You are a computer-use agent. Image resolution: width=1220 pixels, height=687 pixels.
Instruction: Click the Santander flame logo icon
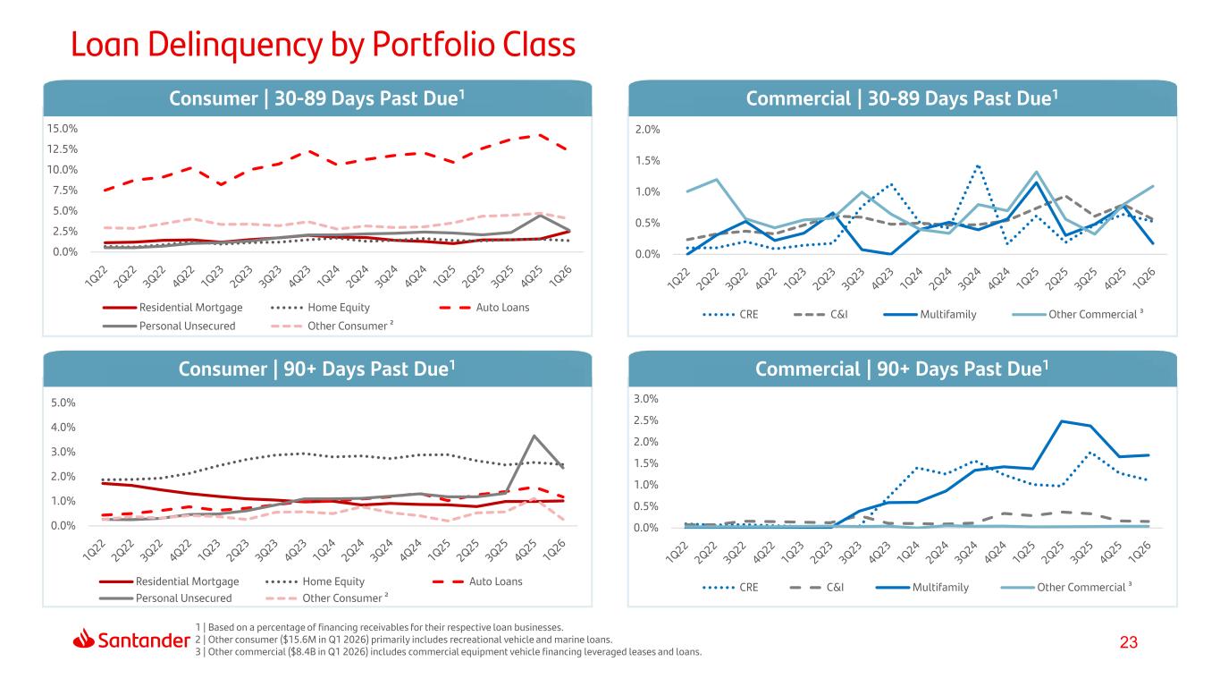click(83, 639)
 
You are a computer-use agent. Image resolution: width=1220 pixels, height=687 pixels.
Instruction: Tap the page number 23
click(1129, 642)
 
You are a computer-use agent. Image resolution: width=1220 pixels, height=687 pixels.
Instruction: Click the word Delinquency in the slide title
click(235, 46)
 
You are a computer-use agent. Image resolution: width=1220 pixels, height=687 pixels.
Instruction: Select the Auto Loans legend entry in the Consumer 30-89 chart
click(484, 308)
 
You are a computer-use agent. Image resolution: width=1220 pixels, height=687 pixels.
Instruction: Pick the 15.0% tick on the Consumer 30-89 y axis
click(62, 129)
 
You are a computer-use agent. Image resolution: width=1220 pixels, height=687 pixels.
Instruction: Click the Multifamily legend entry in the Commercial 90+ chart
click(922, 587)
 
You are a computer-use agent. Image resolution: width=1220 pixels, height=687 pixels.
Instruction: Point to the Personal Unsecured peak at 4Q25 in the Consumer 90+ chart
click(534, 436)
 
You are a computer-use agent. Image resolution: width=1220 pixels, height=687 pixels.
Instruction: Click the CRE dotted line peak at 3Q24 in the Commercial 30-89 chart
click(978, 165)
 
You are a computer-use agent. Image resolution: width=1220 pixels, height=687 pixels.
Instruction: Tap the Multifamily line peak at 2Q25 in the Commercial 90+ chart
click(1061, 421)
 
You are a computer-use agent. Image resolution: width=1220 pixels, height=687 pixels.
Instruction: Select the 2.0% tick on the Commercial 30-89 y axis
click(647, 130)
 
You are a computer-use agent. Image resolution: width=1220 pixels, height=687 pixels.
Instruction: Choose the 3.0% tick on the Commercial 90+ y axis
click(646, 399)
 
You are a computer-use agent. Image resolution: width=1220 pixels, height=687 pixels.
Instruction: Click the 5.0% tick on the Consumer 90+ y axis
click(63, 403)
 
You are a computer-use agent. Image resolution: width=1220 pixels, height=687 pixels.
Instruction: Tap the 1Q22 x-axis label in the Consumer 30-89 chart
click(97, 276)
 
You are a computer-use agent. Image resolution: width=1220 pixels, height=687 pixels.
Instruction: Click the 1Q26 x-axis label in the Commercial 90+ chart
click(1139, 552)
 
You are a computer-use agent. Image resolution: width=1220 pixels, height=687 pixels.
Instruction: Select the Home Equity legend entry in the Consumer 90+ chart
click(315, 581)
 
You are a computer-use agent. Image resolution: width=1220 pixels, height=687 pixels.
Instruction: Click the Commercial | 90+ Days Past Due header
click(902, 369)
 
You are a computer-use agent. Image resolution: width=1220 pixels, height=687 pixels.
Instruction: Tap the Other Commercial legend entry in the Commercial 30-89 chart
click(1077, 314)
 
